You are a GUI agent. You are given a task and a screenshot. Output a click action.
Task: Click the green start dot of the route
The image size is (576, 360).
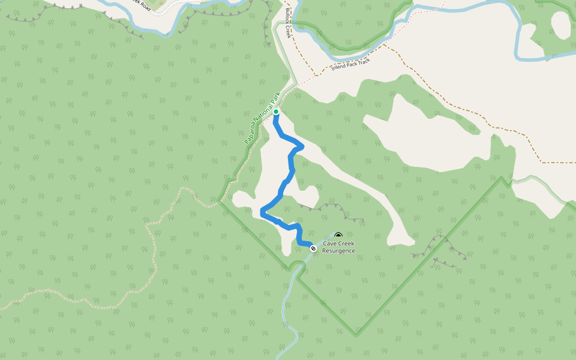(x=276, y=112)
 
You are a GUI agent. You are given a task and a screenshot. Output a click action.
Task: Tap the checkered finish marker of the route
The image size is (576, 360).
(x=313, y=248)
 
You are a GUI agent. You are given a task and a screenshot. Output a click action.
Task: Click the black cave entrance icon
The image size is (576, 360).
(x=338, y=236)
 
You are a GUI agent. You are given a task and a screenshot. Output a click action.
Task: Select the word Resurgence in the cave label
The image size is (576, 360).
(x=338, y=251)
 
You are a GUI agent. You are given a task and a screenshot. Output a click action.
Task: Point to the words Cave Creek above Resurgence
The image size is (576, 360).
(x=338, y=244)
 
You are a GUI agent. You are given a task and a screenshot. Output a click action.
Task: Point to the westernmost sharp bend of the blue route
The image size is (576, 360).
(x=262, y=211)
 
